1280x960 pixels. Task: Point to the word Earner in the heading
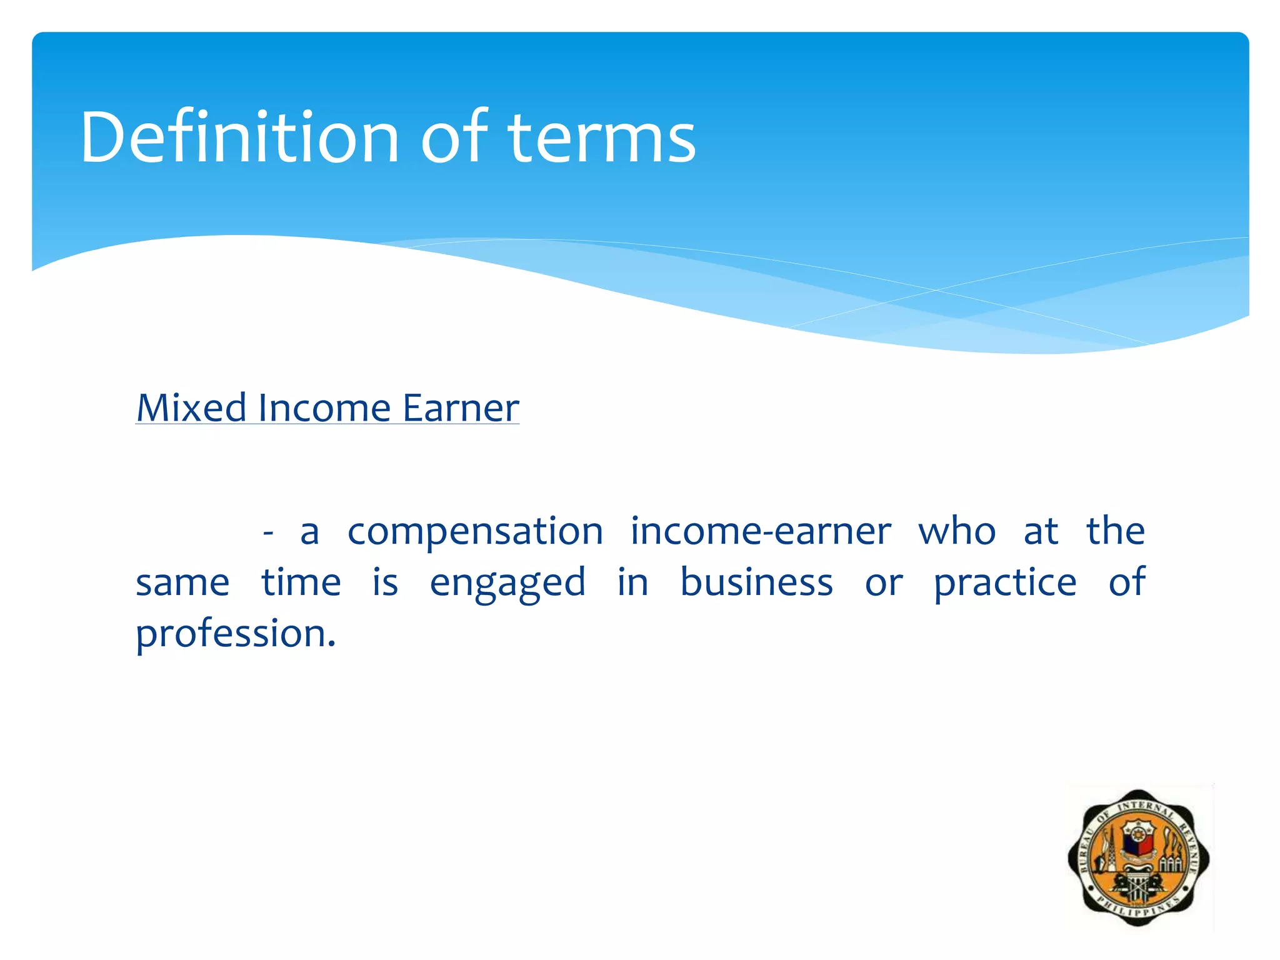(x=461, y=408)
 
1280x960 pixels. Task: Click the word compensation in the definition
(x=475, y=532)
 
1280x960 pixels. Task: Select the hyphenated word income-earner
(x=760, y=532)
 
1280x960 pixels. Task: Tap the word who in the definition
(x=956, y=532)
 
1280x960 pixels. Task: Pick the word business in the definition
(x=756, y=582)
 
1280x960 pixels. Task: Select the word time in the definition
(x=301, y=582)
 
